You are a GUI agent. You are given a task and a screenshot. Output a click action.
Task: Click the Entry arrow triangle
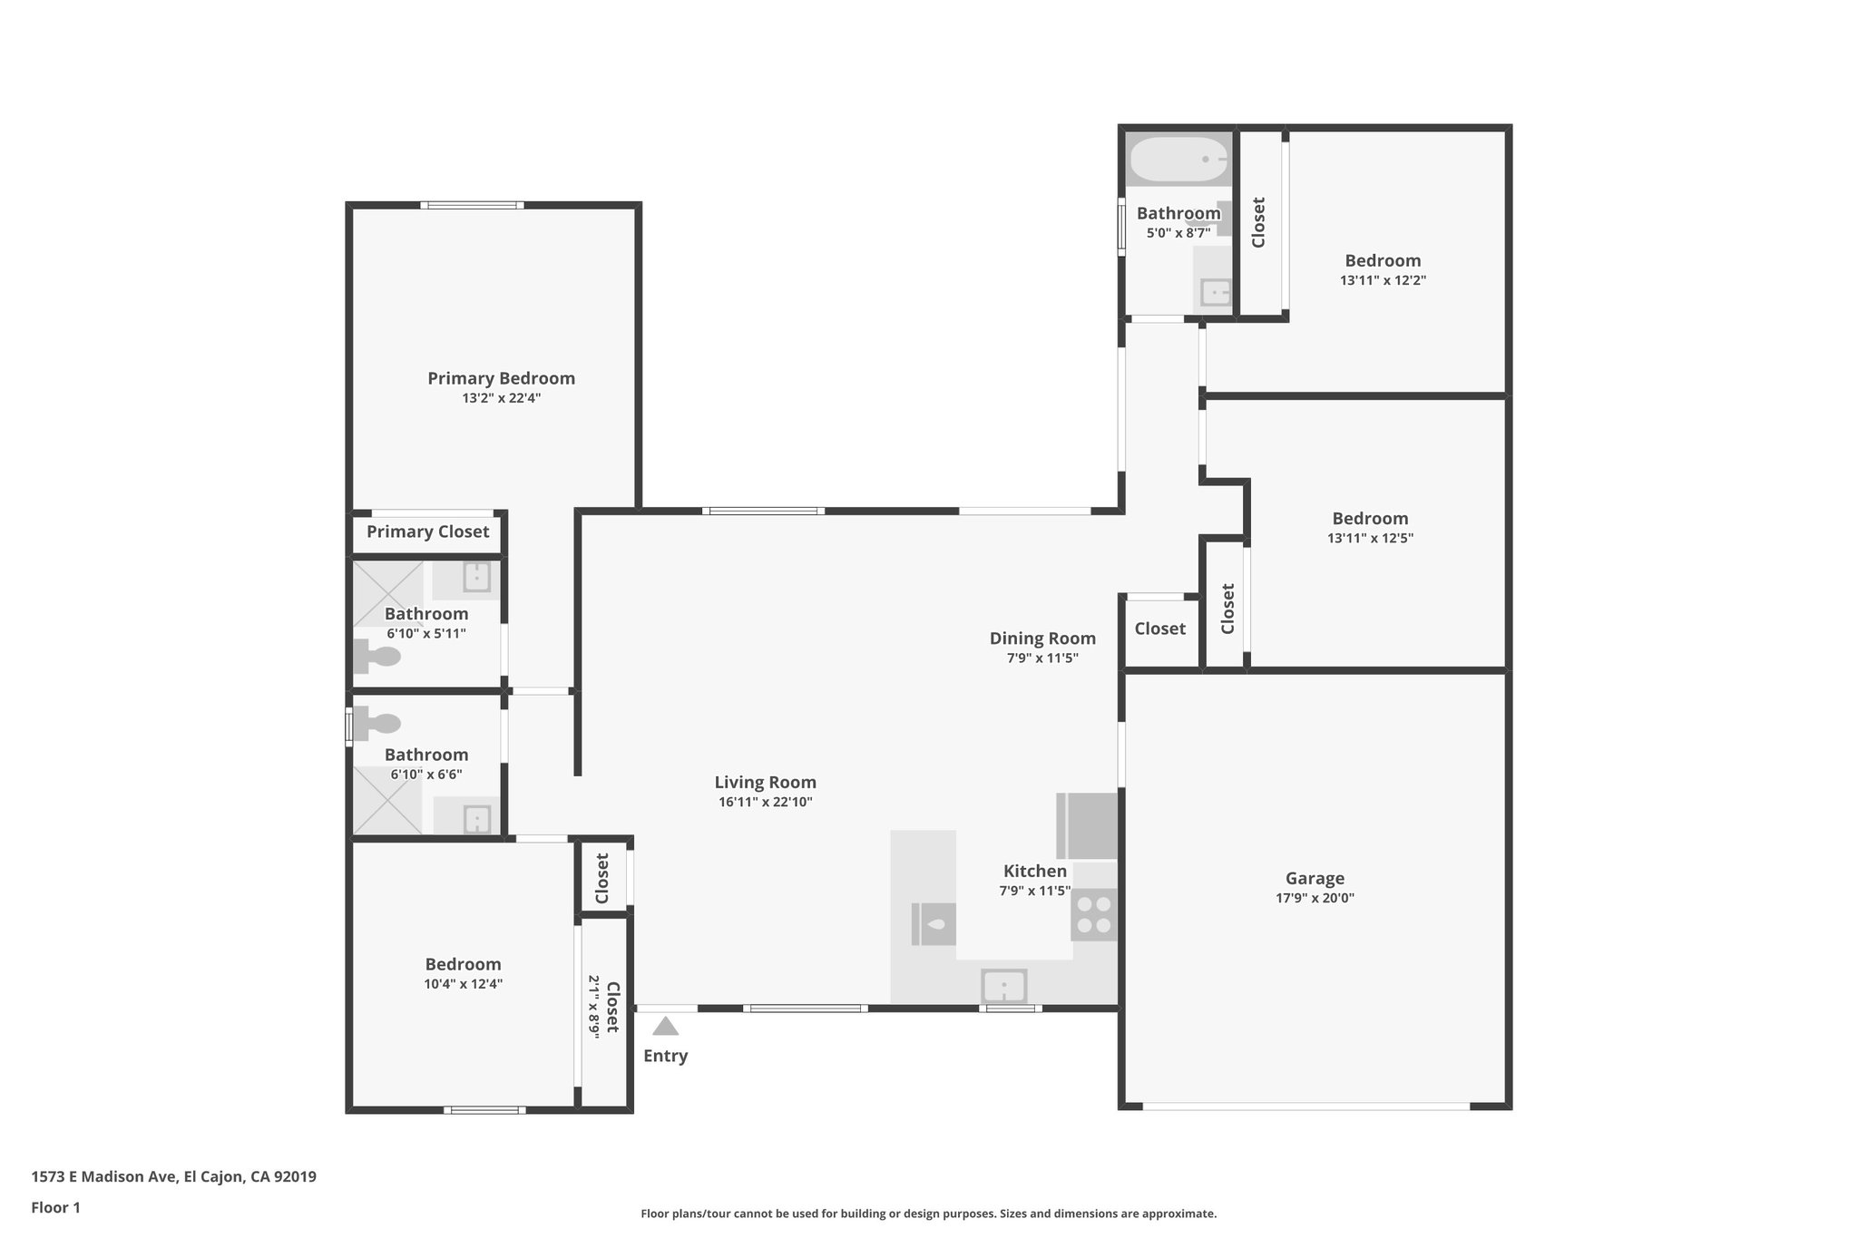pyautogui.click(x=665, y=1027)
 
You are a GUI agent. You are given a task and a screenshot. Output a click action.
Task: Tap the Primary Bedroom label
pyautogui.click(x=501, y=378)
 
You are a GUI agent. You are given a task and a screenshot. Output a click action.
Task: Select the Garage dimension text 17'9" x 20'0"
pyautogui.click(x=1315, y=898)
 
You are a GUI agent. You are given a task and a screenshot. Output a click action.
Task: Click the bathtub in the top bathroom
pyautogui.click(x=1178, y=160)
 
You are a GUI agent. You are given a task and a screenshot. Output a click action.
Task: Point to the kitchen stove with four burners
pyautogui.click(x=1093, y=914)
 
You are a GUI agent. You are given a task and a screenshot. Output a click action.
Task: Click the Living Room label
pyautogui.click(x=765, y=782)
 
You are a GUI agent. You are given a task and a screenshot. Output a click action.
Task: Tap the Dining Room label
pyautogui.click(x=1042, y=638)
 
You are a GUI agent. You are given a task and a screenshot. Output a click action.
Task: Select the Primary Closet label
pyautogui.click(x=427, y=531)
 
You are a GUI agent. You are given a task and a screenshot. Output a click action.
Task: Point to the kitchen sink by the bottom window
pyautogui.click(x=1003, y=986)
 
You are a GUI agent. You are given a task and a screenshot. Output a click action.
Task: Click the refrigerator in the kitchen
pyautogui.click(x=1087, y=825)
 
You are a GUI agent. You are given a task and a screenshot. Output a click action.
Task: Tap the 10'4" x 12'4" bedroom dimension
pyautogui.click(x=463, y=984)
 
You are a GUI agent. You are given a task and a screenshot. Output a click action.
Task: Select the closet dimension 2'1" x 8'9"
pyautogui.click(x=593, y=1007)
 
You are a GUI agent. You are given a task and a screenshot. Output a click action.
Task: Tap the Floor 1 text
pyautogui.click(x=55, y=1207)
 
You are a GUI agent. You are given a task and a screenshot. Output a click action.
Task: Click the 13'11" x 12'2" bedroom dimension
pyautogui.click(x=1383, y=280)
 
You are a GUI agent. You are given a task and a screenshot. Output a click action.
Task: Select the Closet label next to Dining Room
pyautogui.click(x=1159, y=629)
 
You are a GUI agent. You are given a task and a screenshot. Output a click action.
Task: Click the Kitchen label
pyautogui.click(x=1034, y=871)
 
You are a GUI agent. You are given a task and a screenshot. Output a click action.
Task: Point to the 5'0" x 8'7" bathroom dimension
pyautogui.click(x=1178, y=233)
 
